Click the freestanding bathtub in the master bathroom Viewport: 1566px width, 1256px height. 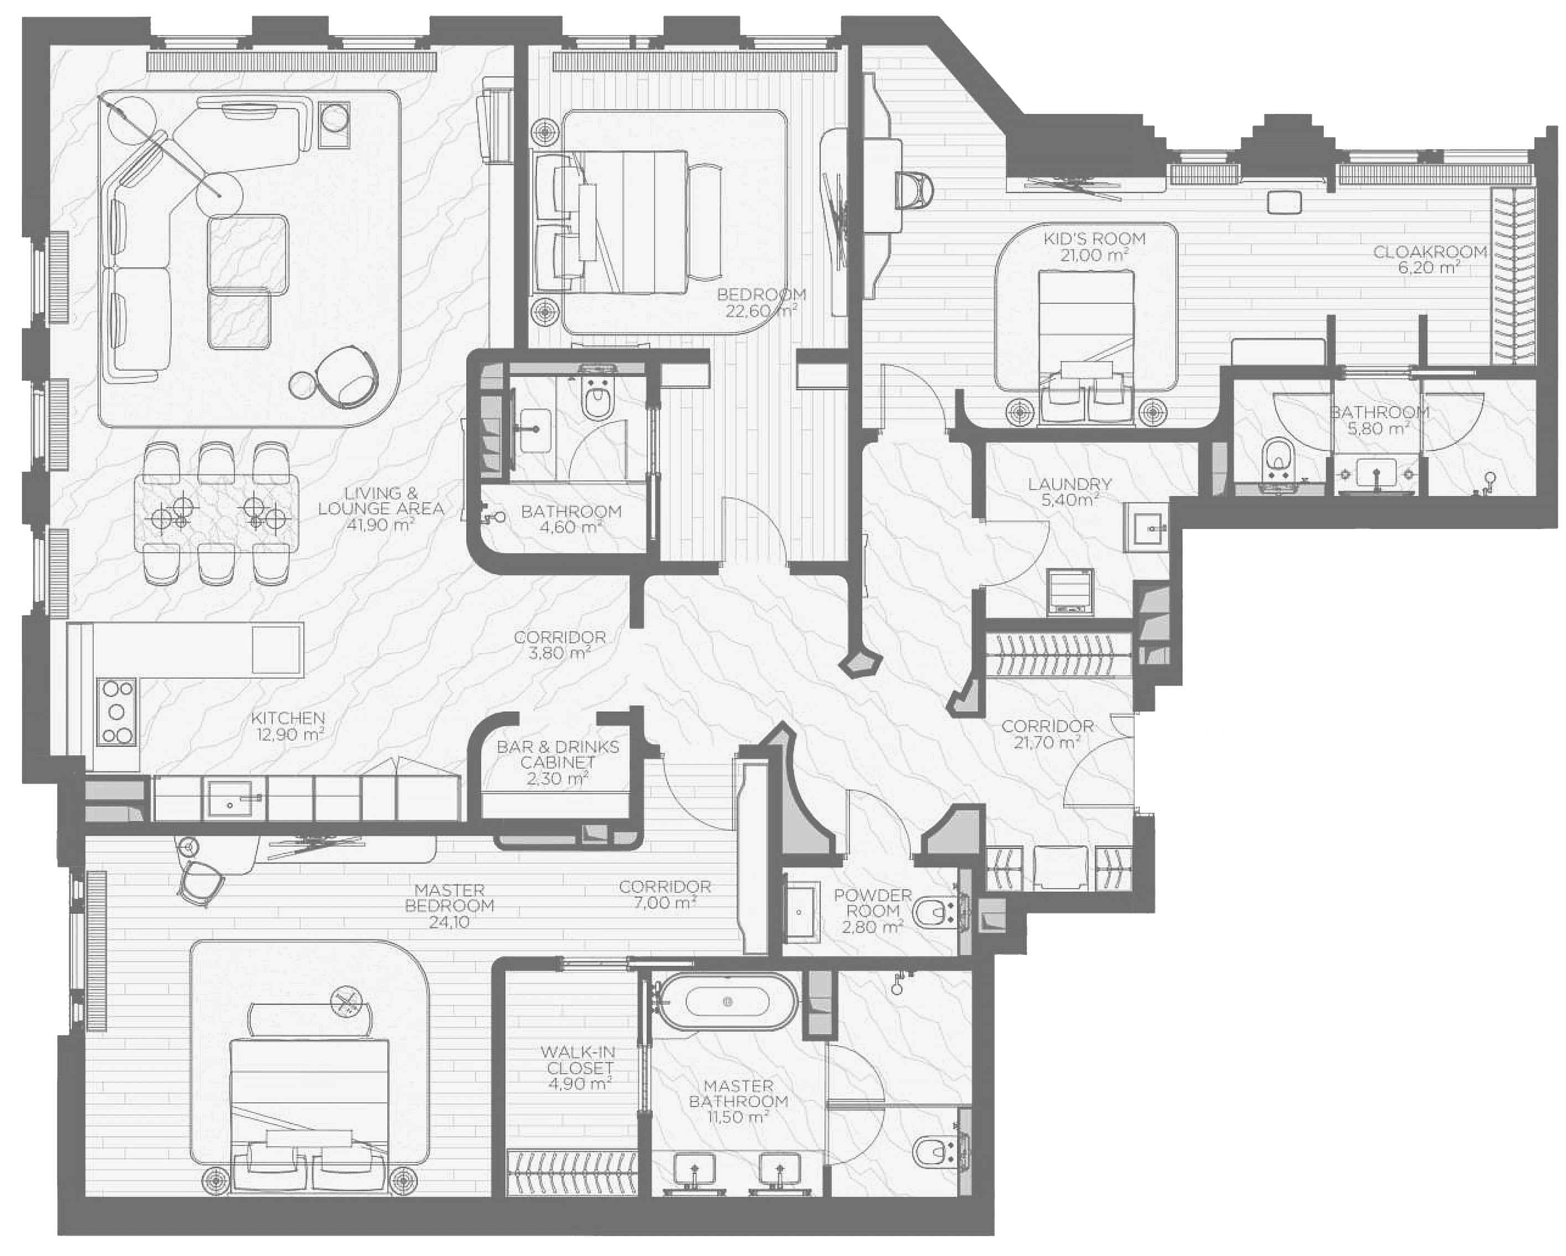(x=727, y=1002)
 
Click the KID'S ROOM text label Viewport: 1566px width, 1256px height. (x=1095, y=238)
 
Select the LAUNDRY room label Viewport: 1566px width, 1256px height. (x=1070, y=484)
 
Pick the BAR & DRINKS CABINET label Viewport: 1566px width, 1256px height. (x=558, y=755)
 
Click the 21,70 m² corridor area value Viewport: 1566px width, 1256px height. (x=1047, y=742)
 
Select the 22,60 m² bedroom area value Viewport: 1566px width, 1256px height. (x=761, y=311)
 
